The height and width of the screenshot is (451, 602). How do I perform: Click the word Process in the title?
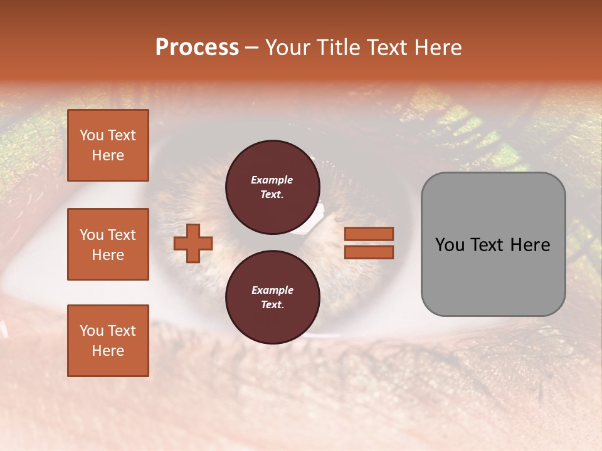coord(197,48)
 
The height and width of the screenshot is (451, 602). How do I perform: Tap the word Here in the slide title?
coord(435,48)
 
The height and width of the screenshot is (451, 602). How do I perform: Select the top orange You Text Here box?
coord(108,145)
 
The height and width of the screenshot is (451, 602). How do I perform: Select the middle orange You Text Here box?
coord(108,244)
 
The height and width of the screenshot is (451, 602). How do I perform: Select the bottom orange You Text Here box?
coord(108,340)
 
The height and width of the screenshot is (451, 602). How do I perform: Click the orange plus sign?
coord(193,243)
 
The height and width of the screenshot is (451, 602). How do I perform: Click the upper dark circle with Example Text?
coord(272,187)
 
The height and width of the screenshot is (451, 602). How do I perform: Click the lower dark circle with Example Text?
coord(272,298)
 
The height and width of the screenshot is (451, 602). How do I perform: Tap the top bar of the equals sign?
coord(369,234)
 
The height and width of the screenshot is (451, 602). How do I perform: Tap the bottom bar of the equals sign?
coord(369,252)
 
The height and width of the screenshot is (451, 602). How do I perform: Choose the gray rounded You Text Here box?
coord(493,244)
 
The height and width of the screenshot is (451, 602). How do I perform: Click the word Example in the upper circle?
coord(272,180)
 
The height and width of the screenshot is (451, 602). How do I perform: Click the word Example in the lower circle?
coord(272,290)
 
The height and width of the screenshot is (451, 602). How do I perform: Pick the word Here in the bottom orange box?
coord(108,351)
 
